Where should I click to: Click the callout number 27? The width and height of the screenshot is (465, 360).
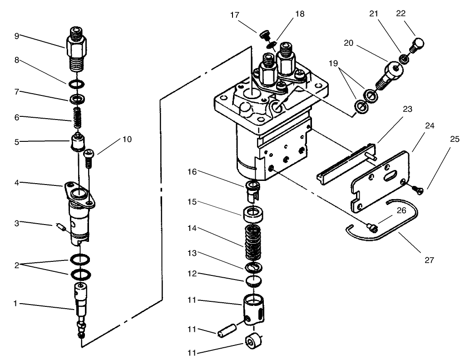point(430,260)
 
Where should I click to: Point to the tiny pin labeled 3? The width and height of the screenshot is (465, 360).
point(59,226)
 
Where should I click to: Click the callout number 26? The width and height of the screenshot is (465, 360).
point(401,210)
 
